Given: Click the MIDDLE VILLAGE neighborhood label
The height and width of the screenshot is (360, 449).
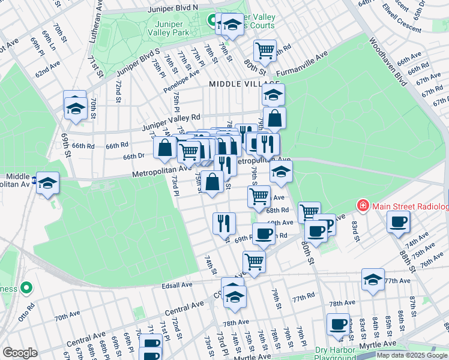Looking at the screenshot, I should [x=244, y=85].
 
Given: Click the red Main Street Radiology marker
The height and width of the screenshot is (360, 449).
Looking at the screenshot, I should [x=363, y=206].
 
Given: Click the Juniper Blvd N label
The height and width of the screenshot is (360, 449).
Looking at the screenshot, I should [x=172, y=7].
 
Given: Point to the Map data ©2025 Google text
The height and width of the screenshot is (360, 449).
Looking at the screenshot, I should [x=412, y=355].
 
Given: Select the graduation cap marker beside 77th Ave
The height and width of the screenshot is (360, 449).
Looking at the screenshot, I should [x=373, y=280].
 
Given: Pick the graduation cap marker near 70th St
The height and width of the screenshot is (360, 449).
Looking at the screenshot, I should [x=76, y=109].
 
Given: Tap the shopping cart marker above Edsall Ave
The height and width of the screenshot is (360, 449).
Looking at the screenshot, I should [x=254, y=262].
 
